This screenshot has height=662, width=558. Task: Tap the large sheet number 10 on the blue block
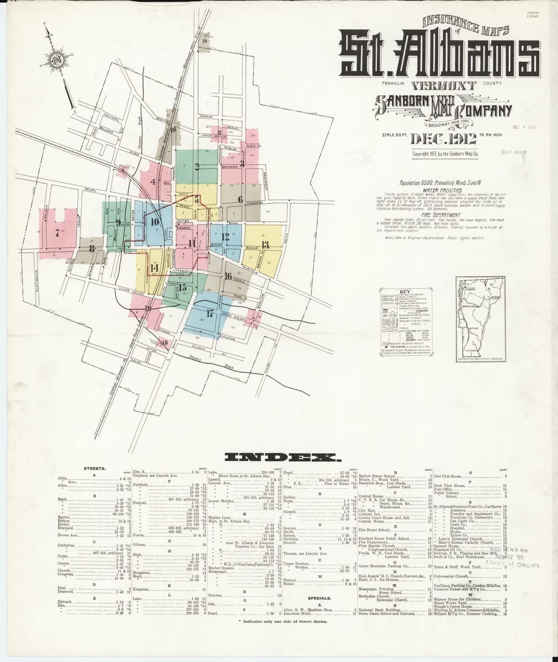pos(155,222)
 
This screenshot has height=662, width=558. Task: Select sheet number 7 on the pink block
pos(57,232)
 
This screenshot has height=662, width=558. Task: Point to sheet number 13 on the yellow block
pos(265,244)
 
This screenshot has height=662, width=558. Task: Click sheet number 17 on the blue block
pos(210,313)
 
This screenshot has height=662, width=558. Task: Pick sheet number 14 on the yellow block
pos(154,268)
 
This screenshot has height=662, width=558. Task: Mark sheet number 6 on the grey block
pos(240,199)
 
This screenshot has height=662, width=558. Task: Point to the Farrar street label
pos(206,117)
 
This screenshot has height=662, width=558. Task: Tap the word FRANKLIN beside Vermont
pos(393,83)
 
